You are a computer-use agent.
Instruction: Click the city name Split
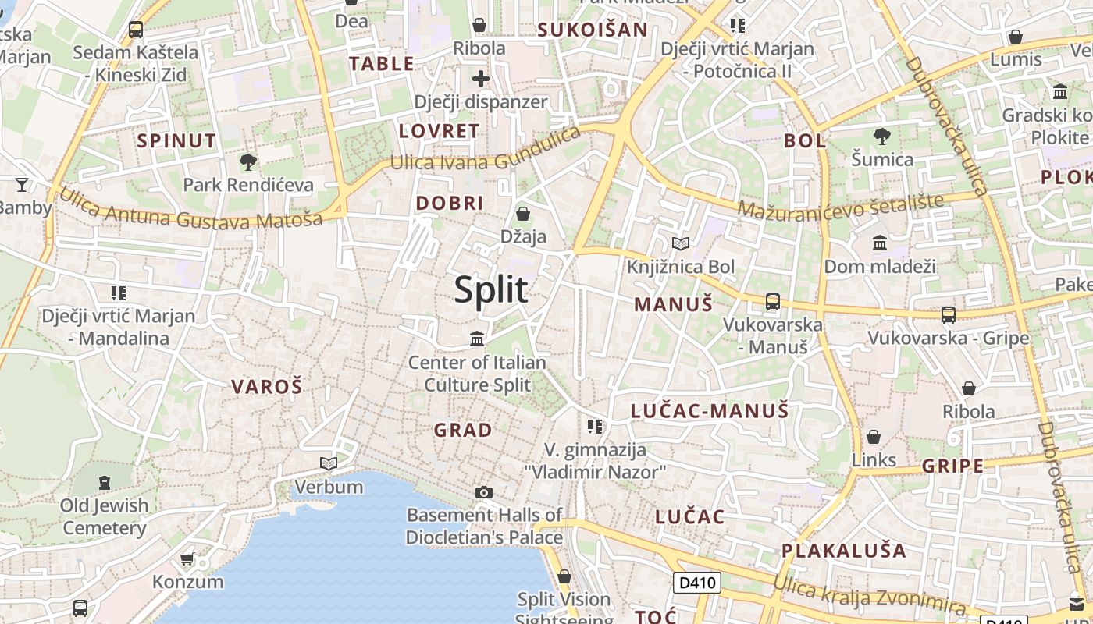pos(491,289)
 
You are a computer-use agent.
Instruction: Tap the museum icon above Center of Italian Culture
pos(477,339)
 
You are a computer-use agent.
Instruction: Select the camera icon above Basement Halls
pos(484,492)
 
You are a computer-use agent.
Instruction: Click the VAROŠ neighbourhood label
pos(266,386)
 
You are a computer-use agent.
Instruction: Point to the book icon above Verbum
pos(329,464)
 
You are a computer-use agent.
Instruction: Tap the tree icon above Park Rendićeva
pos(248,162)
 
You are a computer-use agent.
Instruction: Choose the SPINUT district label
pos(176,141)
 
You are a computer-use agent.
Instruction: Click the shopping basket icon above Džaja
pos(523,213)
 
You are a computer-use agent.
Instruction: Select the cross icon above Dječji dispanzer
pos(480,79)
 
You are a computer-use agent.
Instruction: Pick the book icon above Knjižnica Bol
pos(681,243)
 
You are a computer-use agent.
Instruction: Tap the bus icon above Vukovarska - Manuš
pos(773,302)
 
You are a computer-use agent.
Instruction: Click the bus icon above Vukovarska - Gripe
pos(949,315)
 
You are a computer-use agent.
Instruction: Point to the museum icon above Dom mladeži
pos(880,243)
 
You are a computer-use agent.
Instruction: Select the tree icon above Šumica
pos(882,136)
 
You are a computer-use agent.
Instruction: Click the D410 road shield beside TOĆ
pos(696,583)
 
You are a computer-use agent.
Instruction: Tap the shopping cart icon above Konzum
pos(187,558)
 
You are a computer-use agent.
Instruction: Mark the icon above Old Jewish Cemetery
pos(105,482)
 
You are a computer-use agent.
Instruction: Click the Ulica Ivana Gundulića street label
pos(486,154)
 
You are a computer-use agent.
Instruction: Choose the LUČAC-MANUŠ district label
pos(710,411)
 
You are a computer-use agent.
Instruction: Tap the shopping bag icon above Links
pos(874,437)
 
